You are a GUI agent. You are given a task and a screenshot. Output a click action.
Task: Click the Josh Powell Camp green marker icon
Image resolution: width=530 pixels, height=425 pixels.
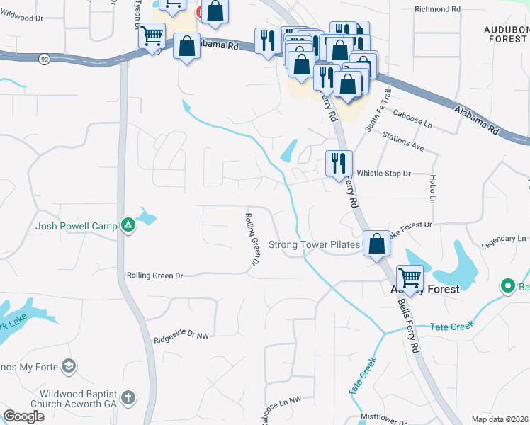click(128, 226)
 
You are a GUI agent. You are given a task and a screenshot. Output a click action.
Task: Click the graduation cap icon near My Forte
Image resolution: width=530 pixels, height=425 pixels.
click(69, 366)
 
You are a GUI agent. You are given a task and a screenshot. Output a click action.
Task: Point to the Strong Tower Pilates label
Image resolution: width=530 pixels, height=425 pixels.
click(314, 245)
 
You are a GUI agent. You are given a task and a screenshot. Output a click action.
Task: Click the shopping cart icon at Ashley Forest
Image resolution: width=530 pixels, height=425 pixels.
click(410, 278)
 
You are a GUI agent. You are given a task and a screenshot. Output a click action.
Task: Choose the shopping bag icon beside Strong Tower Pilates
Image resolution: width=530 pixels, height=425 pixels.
click(377, 244)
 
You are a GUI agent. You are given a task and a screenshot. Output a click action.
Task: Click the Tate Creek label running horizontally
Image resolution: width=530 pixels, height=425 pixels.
click(451, 327)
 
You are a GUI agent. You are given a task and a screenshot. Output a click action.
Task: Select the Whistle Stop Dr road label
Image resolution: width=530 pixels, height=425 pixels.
click(383, 173)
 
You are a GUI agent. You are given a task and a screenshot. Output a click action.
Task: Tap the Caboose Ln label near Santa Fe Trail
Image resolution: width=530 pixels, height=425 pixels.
click(413, 123)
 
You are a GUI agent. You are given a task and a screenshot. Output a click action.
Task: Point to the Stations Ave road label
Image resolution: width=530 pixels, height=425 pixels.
click(402, 142)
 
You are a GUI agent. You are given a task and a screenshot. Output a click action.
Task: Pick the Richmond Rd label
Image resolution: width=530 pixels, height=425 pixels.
click(438, 10)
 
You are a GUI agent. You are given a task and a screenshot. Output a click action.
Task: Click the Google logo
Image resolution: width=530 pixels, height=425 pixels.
click(23, 417)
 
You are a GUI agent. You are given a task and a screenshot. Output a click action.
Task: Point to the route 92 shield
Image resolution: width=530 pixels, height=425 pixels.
click(44, 59)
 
